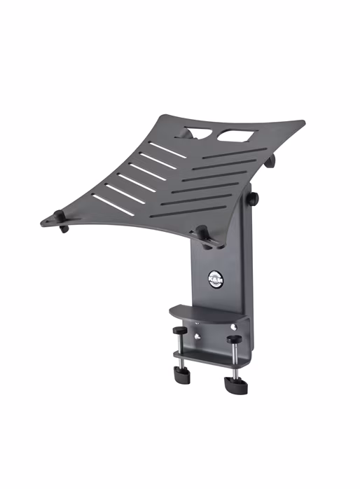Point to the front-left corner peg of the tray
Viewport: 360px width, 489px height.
tap(64, 228)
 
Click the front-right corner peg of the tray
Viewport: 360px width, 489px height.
tap(202, 234)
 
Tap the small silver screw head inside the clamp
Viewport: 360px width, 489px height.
tap(200, 336)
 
